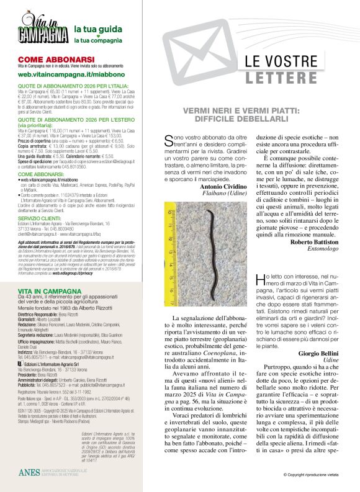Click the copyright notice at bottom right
click(313, 475)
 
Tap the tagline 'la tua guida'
click(93, 29)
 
